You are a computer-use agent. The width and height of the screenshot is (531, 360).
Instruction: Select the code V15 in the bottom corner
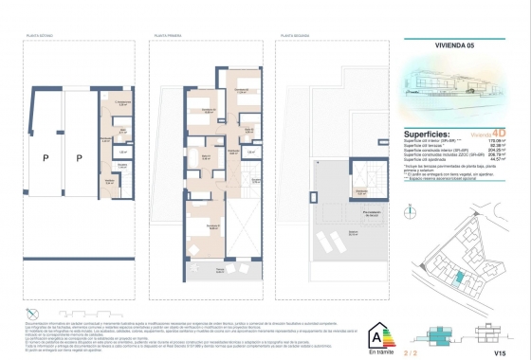(500, 351)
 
